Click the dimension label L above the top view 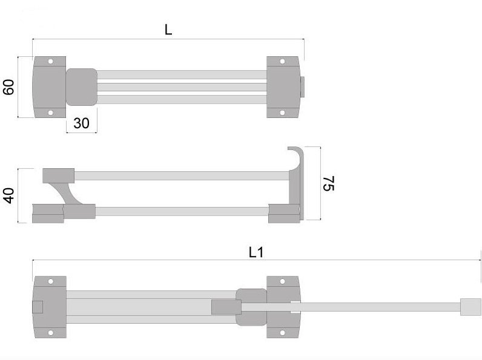[168, 30]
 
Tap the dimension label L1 [256, 252]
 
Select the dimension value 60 [8, 87]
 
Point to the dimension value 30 [82, 123]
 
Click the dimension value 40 [9, 195]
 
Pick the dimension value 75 [329, 183]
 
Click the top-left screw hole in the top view [51, 62]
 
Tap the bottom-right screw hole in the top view [282, 113]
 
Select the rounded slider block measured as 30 [82, 87]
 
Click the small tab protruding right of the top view [303, 87]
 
